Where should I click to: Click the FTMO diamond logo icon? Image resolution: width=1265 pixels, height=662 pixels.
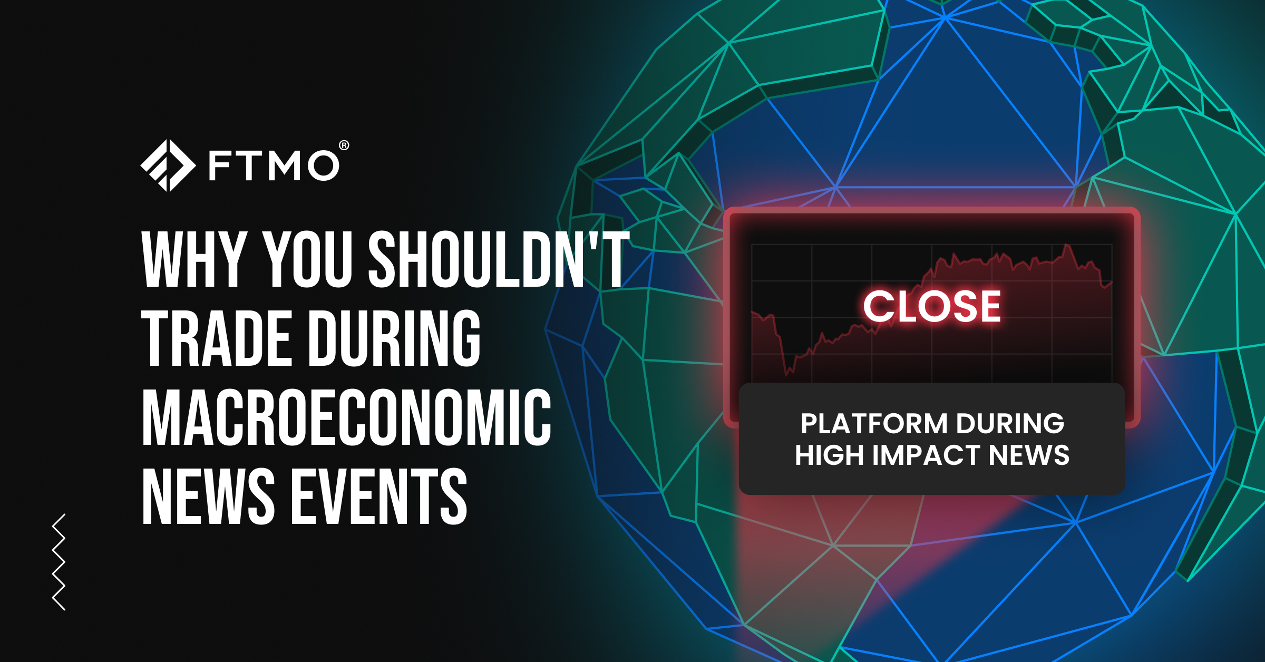pos(168,166)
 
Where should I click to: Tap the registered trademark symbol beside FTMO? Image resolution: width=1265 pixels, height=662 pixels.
pos(344,145)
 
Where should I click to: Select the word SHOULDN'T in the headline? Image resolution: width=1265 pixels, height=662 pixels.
pos(499,259)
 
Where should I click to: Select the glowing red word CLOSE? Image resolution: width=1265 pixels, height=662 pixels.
pos(932,306)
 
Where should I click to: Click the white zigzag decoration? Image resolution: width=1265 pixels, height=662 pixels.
pos(59,562)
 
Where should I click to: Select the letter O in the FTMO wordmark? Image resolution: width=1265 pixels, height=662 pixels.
pos(323,165)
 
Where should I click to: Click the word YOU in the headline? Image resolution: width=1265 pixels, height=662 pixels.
pos(307,259)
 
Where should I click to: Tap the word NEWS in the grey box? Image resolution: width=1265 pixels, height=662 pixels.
pos(1029,455)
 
